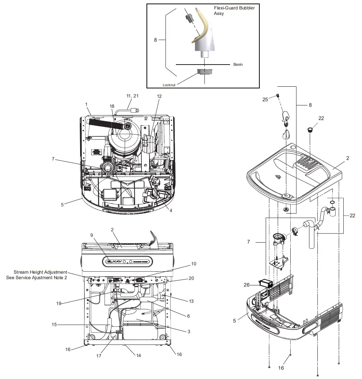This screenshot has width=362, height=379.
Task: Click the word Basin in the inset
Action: (x=238, y=65)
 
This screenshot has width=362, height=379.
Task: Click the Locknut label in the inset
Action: (x=169, y=85)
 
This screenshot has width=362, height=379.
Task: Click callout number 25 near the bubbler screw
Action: (x=265, y=99)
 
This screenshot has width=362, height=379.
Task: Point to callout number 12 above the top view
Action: (x=159, y=96)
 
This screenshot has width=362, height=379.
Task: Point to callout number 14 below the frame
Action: (x=138, y=355)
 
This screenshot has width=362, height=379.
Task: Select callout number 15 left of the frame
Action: (x=55, y=325)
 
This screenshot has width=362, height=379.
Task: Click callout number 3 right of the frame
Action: (x=188, y=331)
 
